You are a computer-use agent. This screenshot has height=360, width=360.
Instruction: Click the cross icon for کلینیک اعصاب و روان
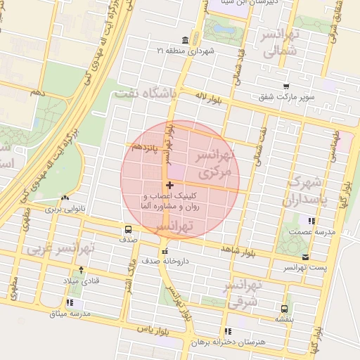point(169,185)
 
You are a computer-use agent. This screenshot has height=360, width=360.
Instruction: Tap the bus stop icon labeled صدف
point(128,229)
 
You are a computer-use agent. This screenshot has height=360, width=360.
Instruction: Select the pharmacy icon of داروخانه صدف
point(165,251)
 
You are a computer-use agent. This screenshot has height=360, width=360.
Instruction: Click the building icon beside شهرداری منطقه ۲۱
point(184,39)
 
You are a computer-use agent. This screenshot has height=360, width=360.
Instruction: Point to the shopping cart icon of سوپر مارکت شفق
point(285,86)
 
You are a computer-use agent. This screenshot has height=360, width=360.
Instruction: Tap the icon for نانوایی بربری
point(65,199)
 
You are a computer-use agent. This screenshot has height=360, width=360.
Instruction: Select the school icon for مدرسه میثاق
point(50,302)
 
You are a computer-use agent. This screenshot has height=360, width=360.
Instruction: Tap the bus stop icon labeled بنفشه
point(284,308)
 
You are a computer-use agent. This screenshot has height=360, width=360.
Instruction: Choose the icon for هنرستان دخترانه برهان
point(226,330)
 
